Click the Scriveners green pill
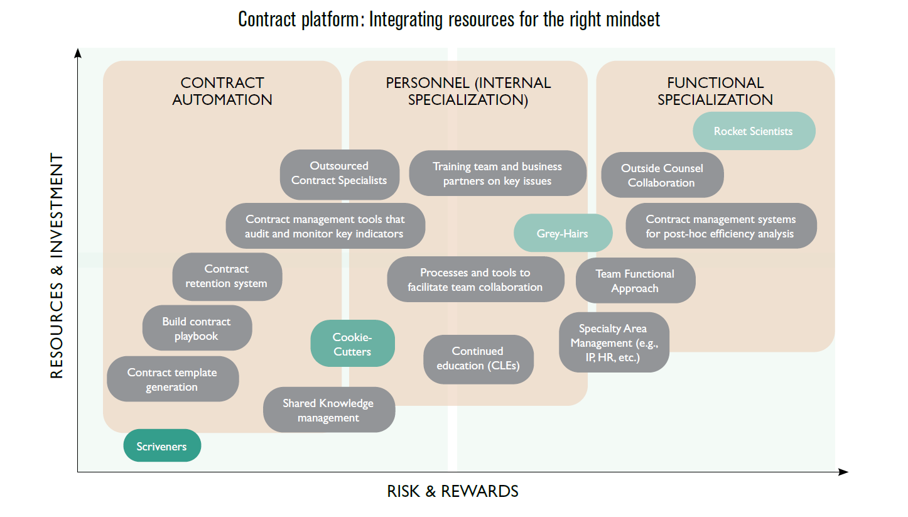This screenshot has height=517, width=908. [x=162, y=446]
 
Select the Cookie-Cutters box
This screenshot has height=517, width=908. [x=352, y=344]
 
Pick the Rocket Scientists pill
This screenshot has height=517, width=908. [x=754, y=131]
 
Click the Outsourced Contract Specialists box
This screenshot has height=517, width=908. [x=339, y=173]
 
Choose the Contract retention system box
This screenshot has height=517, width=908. [x=227, y=276]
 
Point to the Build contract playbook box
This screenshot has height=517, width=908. [x=197, y=329]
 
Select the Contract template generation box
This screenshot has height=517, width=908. [x=172, y=379]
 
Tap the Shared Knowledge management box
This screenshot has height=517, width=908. [x=328, y=410]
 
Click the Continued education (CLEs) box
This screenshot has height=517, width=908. [x=478, y=359]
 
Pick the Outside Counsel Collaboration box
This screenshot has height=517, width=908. [x=662, y=175]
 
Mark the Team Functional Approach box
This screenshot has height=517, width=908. [x=635, y=281]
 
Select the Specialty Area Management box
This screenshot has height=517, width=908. [x=613, y=343]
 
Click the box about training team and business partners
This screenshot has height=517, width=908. [x=497, y=173]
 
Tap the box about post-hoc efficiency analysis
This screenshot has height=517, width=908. [x=721, y=226]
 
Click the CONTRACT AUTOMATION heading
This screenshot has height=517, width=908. [x=222, y=91]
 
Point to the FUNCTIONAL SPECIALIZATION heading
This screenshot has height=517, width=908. [x=715, y=91]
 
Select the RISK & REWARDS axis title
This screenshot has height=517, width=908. [x=453, y=491]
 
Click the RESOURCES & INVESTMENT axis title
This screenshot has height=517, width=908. [x=57, y=266]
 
